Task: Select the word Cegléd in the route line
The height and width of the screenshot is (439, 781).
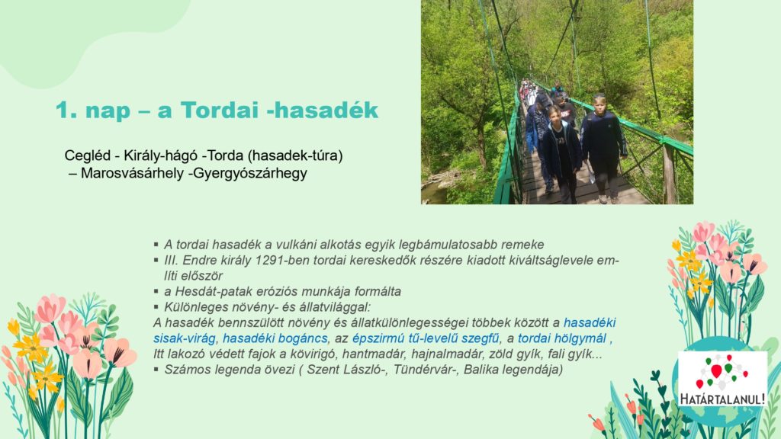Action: click(x=88, y=155)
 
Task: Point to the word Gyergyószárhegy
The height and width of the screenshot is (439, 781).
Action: click(x=249, y=174)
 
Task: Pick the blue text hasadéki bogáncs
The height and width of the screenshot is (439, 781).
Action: click(x=275, y=338)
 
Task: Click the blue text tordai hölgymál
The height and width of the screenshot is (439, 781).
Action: click(x=562, y=338)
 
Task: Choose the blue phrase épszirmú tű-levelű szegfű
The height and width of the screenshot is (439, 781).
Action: click(x=426, y=338)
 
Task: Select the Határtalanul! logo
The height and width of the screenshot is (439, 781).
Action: click(x=722, y=379)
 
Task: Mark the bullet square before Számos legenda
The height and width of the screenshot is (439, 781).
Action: click(x=156, y=370)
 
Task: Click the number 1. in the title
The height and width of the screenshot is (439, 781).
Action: click(x=66, y=110)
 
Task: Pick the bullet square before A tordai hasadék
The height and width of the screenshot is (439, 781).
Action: click(x=156, y=245)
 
